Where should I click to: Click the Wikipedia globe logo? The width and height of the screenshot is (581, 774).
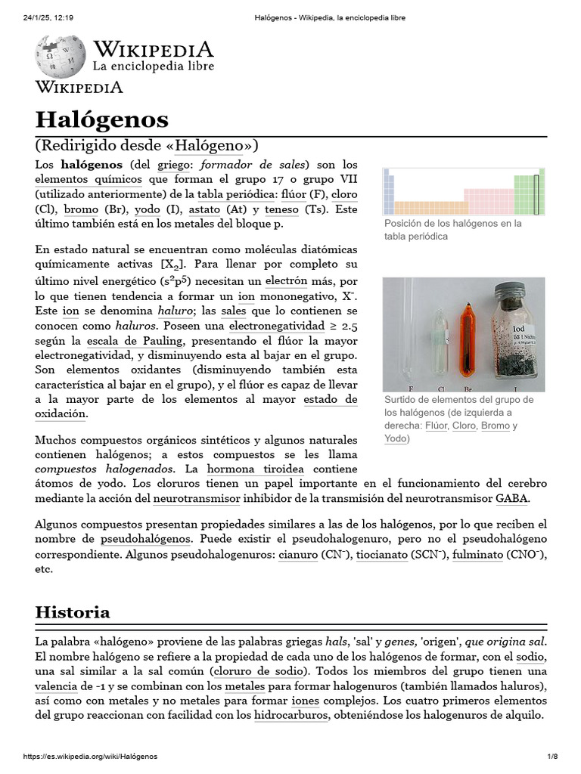coord(60,56)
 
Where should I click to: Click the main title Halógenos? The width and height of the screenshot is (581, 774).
coord(102,119)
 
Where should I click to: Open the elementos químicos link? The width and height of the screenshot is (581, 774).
coord(89,179)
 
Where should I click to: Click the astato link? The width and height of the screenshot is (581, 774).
coord(204,209)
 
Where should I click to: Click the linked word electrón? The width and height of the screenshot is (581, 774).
coord(285,280)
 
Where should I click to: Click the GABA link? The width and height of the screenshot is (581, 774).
coord(511,499)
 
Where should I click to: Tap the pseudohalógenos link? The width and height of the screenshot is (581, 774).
coord(146,539)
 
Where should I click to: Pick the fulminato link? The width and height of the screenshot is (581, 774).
coord(477,554)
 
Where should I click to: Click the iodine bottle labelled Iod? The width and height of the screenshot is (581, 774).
coord(517,333)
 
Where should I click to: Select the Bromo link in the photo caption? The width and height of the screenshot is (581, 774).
coord(496,426)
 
